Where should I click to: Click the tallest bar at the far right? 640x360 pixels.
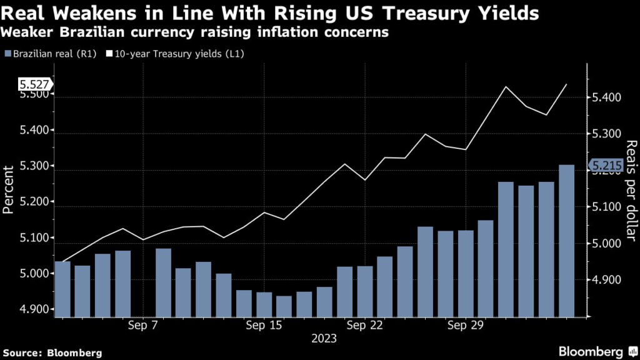[x=566, y=241]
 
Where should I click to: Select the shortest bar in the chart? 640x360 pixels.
[x=284, y=306]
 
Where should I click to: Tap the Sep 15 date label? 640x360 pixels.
[x=264, y=325]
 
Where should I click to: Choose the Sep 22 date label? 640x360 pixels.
[x=364, y=325]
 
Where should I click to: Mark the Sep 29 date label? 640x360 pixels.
[x=465, y=325]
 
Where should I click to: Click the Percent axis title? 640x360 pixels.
[x=9, y=189]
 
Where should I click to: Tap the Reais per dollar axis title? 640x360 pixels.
[x=630, y=187]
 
